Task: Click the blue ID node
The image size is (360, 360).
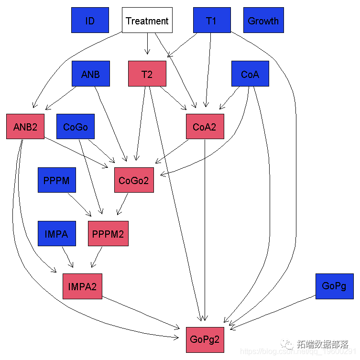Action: tap(90, 20)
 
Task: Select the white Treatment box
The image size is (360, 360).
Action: tap(147, 20)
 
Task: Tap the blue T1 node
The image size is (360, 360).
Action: tap(212, 20)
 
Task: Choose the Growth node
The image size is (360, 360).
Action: tap(263, 20)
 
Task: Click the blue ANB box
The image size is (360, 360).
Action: tap(91, 74)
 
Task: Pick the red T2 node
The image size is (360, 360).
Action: tap(147, 74)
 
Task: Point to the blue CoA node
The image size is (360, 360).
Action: tap(250, 74)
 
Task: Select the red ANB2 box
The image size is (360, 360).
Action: tap(25, 127)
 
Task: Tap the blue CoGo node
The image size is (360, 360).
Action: tap(76, 127)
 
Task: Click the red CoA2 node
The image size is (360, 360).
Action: tap(205, 127)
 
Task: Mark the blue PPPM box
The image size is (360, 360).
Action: tap(57, 180)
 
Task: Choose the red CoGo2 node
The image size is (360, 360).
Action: tap(134, 180)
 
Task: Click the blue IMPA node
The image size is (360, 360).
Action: tap(57, 234)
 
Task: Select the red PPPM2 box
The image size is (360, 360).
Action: tap(108, 234)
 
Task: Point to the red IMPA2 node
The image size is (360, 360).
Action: tap(82, 286)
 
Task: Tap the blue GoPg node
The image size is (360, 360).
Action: tap(334, 286)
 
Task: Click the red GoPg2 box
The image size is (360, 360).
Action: tap(205, 339)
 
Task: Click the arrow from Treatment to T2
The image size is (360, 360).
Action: tap(147, 44)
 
